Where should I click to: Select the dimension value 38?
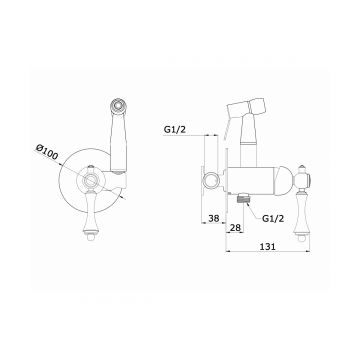click(214, 218)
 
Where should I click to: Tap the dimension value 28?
click(235, 228)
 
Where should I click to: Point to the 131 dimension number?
click(267, 246)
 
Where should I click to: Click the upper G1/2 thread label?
click(174, 130)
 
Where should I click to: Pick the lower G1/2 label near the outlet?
click(273, 219)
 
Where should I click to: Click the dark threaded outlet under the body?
click(242, 199)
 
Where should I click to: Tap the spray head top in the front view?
click(119, 105)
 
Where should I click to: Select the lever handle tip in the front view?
click(90, 236)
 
